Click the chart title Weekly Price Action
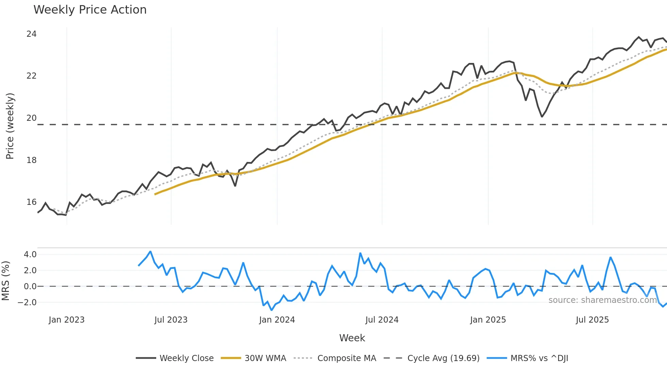(90, 10)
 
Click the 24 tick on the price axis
(31, 34)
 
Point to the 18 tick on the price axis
(31, 160)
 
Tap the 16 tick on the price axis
(31, 202)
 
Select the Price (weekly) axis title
(10, 126)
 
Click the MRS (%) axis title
(5, 281)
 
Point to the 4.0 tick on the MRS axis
(30, 255)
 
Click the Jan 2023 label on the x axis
(66, 320)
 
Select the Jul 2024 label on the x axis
(382, 320)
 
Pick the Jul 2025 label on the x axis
(592, 320)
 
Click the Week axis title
(352, 338)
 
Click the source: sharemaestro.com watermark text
(602, 300)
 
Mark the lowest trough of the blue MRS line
(272, 310)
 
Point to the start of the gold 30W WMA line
(155, 194)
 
